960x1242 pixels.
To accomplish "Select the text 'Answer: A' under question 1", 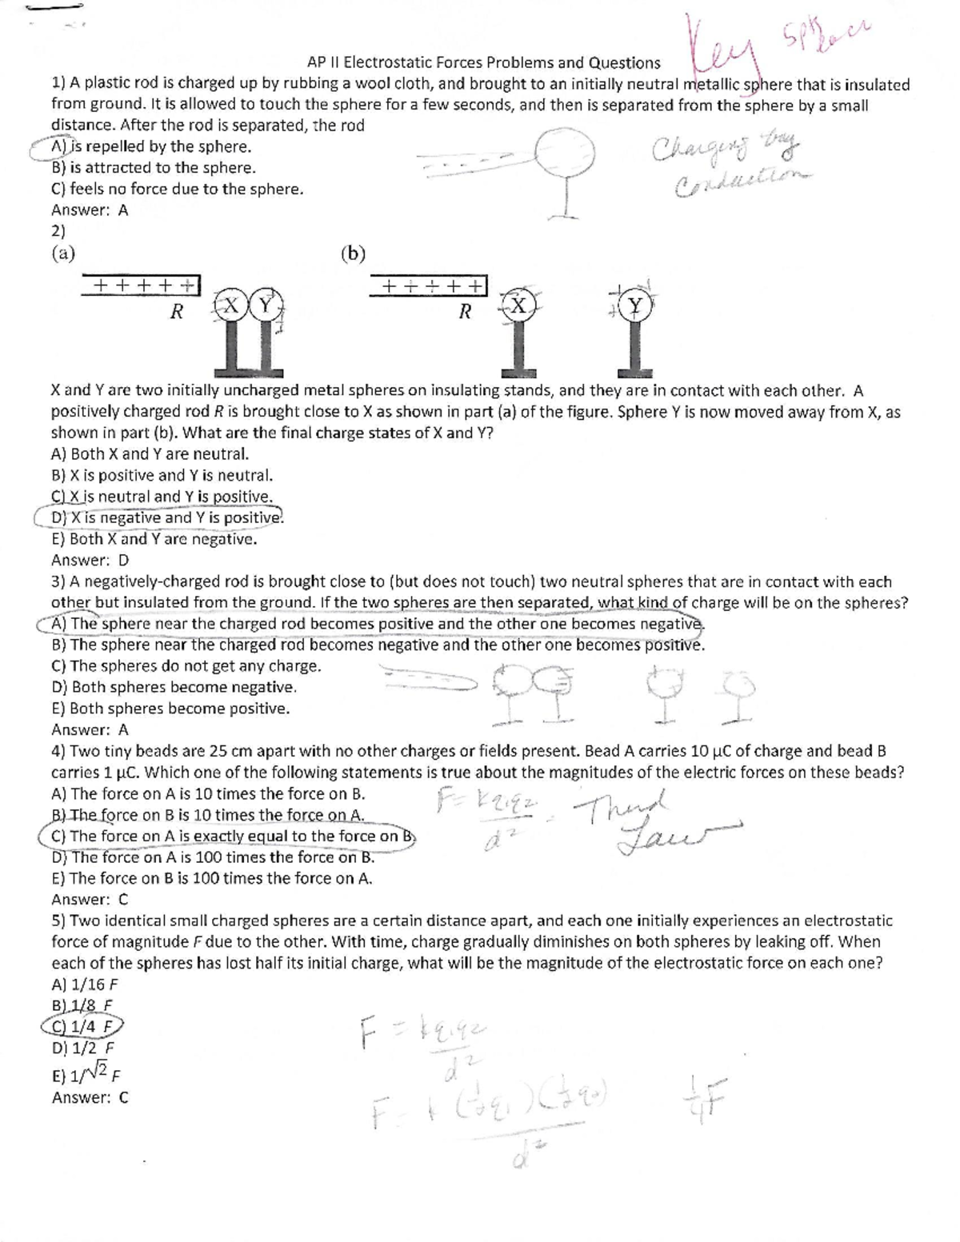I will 90,210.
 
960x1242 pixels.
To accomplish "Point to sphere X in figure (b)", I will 518,306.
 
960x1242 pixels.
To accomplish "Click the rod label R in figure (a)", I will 177,312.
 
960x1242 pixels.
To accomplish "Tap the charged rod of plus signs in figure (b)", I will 428,286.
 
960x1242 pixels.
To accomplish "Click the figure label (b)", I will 353,254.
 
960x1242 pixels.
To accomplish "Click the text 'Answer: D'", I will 90,560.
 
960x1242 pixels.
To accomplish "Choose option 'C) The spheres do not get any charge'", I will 186,665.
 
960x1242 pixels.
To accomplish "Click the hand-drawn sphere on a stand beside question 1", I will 564,154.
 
